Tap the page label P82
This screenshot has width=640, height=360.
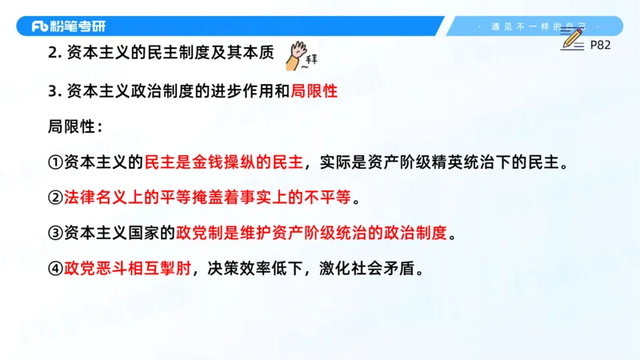pos(600,45)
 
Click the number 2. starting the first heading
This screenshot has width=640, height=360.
pos(54,54)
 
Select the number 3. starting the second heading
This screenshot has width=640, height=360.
pos(54,91)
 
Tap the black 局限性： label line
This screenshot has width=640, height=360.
pos(75,126)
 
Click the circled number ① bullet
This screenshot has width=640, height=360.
pos(55,162)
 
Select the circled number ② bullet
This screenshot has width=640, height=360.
pos(55,197)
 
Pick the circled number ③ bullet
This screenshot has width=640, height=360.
pos(55,233)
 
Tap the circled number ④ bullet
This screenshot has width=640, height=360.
pos(55,269)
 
